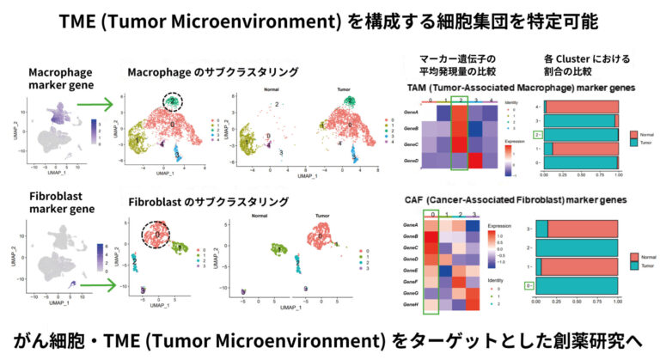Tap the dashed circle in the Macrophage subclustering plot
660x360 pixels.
pyautogui.click(x=173, y=102)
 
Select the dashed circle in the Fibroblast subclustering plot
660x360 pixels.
pyautogui.click(x=158, y=234)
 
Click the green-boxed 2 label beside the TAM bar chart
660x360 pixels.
pyautogui.click(x=537, y=135)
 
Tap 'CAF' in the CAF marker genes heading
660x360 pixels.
pyautogui.click(x=418, y=198)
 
